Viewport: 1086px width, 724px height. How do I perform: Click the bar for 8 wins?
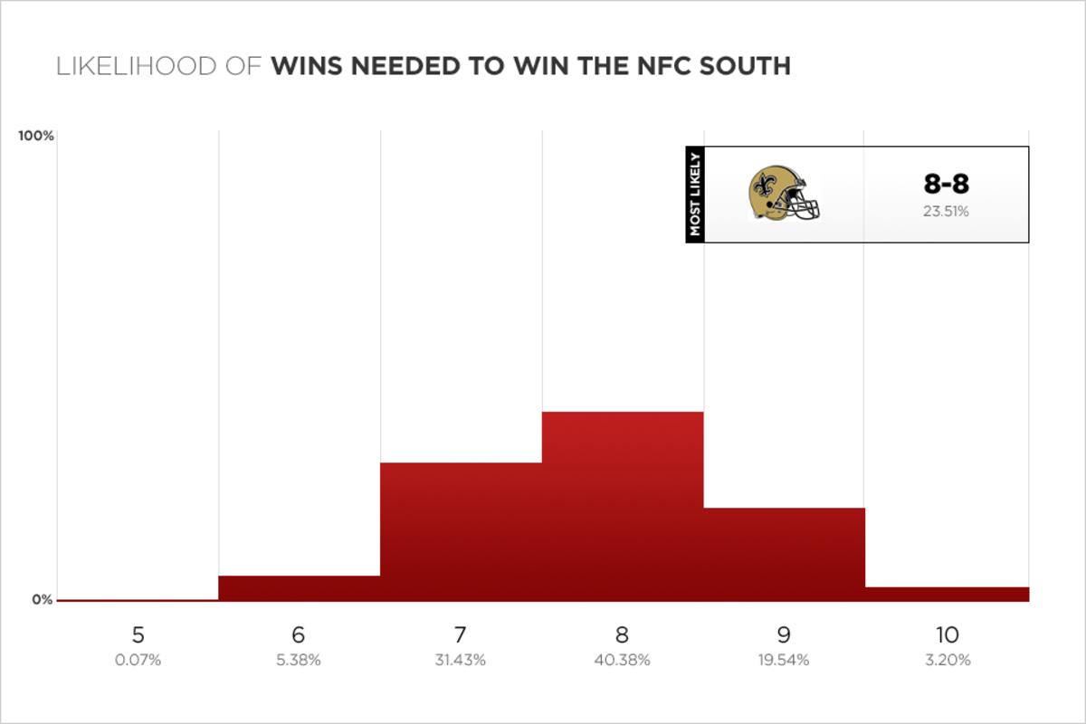623,507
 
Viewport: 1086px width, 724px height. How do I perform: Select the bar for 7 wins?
461,532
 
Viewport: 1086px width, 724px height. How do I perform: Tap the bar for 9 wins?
784,555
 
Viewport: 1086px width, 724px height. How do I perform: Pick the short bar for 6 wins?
299,588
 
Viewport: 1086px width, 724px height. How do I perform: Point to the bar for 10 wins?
947,595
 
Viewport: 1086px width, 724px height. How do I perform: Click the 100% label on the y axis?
37,136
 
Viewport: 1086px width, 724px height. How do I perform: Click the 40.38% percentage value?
623,661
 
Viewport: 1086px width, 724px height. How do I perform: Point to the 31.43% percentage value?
461,661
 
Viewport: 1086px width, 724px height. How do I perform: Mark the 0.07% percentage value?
138,661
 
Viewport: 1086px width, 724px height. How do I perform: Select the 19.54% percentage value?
784,661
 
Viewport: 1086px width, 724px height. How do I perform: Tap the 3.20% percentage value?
948,661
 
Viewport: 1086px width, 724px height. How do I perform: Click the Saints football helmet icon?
784,194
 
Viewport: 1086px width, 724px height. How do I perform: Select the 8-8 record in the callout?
947,185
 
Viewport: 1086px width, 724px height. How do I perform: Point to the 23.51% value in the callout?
947,212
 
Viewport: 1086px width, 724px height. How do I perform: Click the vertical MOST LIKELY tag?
695,195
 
